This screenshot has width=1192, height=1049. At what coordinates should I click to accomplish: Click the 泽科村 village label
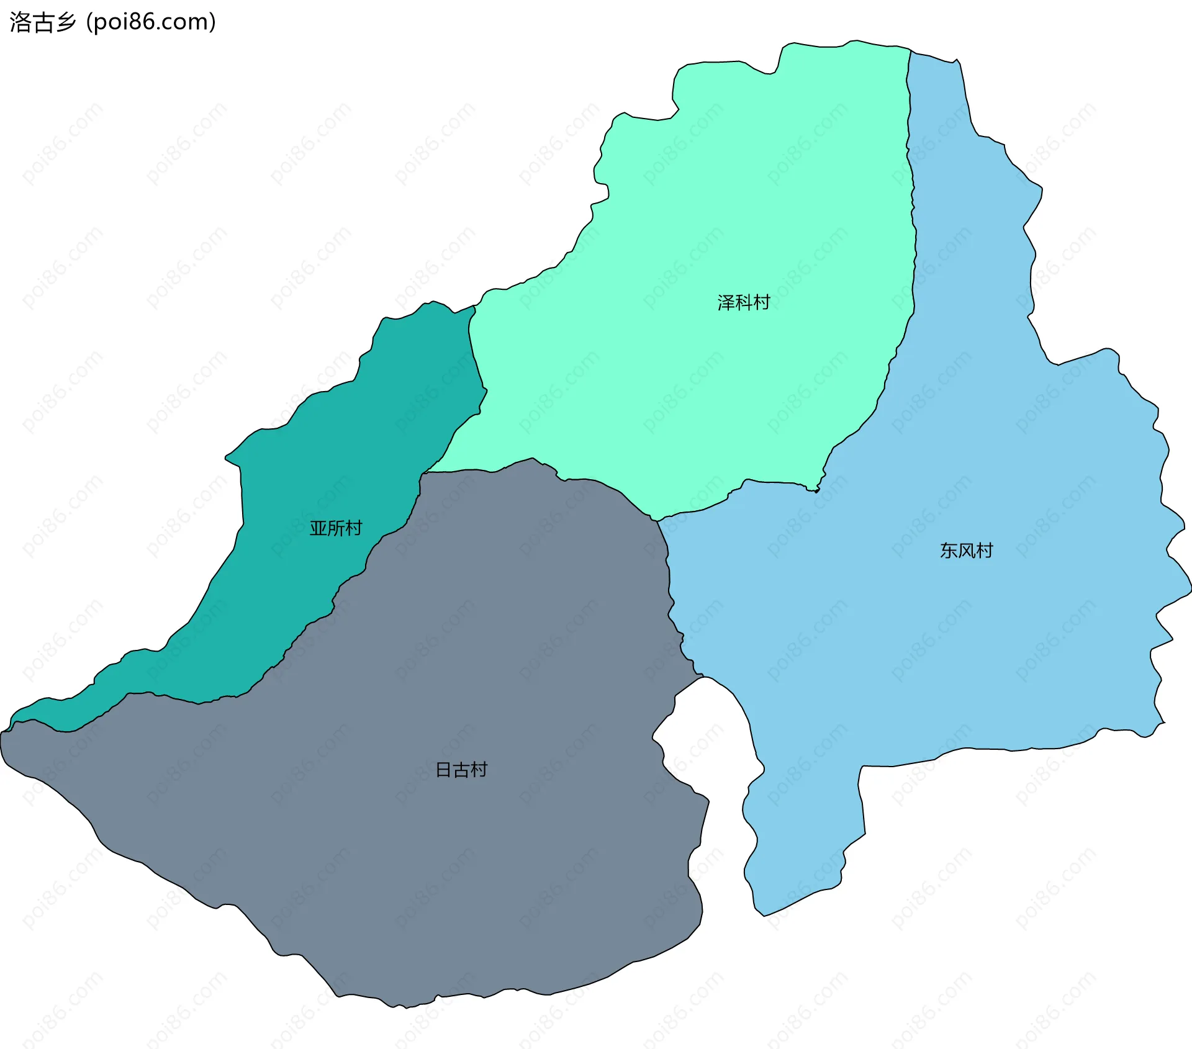tap(743, 302)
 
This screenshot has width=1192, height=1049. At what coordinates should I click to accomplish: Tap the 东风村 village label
tap(966, 551)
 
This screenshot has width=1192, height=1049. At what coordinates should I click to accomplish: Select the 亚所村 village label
tap(336, 528)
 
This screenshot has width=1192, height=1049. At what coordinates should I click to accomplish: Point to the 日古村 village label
tap(461, 770)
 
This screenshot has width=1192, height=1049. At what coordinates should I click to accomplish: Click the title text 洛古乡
tap(43, 22)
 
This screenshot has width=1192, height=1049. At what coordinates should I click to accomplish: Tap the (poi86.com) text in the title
tap(151, 22)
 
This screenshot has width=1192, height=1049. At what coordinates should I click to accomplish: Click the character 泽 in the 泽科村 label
tap(726, 302)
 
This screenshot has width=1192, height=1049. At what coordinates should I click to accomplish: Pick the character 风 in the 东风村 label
tap(967, 551)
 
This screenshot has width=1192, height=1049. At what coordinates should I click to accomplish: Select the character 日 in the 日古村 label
tap(443, 770)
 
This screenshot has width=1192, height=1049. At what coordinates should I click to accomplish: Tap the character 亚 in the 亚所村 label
tap(318, 528)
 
